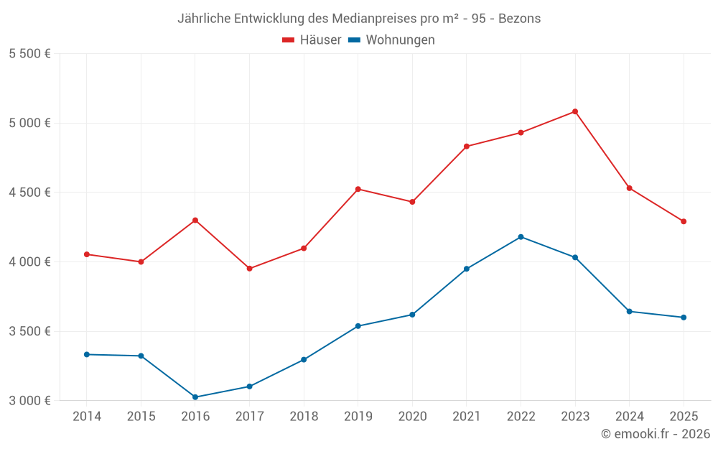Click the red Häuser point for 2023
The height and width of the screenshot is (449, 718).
[x=575, y=111]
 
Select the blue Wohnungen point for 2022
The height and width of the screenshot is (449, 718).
[x=521, y=236]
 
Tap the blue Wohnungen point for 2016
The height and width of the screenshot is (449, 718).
[x=195, y=397]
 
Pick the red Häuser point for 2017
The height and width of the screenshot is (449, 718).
[x=249, y=269]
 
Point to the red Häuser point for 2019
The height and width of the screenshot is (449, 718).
[x=358, y=189]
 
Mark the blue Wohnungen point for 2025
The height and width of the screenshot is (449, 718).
[x=684, y=317]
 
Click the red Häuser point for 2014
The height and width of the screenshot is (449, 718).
[x=87, y=254]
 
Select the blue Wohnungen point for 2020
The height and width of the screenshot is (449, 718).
[x=412, y=315]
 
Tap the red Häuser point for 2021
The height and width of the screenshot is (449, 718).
[x=467, y=147]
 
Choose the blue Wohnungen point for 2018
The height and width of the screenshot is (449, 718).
[x=304, y=359]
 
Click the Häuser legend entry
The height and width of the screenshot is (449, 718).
[x=312, y=40]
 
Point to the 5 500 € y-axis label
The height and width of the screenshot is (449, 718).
[x=29, y=54]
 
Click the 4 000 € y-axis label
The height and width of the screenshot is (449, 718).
[x=29, y=261]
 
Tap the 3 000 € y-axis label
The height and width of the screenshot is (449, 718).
[x=29, y=400]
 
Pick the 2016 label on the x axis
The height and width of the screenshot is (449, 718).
[x=195, y=416]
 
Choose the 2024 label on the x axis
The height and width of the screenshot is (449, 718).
[x=629, y=416]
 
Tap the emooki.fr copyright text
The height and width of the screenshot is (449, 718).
[x=655, y=434]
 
